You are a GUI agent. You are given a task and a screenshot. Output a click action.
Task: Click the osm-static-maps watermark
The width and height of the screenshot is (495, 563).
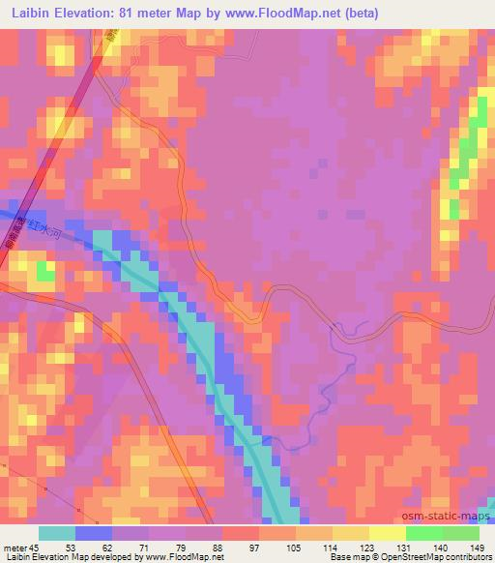[x=444, y=519]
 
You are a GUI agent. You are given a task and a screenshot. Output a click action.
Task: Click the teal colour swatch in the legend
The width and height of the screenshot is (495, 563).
[x=57, y=532]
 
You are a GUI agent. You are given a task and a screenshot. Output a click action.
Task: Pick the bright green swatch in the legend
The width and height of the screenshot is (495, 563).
[x=424, y=532]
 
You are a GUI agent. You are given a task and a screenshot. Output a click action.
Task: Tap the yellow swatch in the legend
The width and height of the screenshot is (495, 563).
[x=388, y=532]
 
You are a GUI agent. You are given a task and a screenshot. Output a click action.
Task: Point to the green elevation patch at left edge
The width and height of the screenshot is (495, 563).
[x=44, y=272]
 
